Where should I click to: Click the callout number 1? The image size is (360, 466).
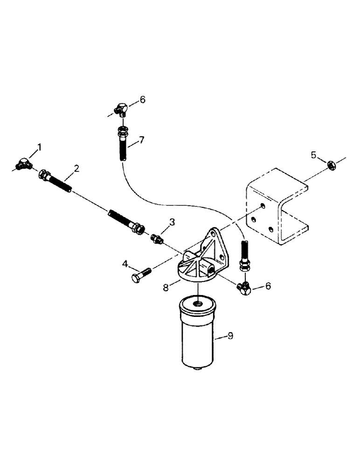[40, 147]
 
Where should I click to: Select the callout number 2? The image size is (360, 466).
[76, 169]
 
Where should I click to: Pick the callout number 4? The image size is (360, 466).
[125, 264]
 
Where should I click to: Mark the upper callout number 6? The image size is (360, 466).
[143, 99]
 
